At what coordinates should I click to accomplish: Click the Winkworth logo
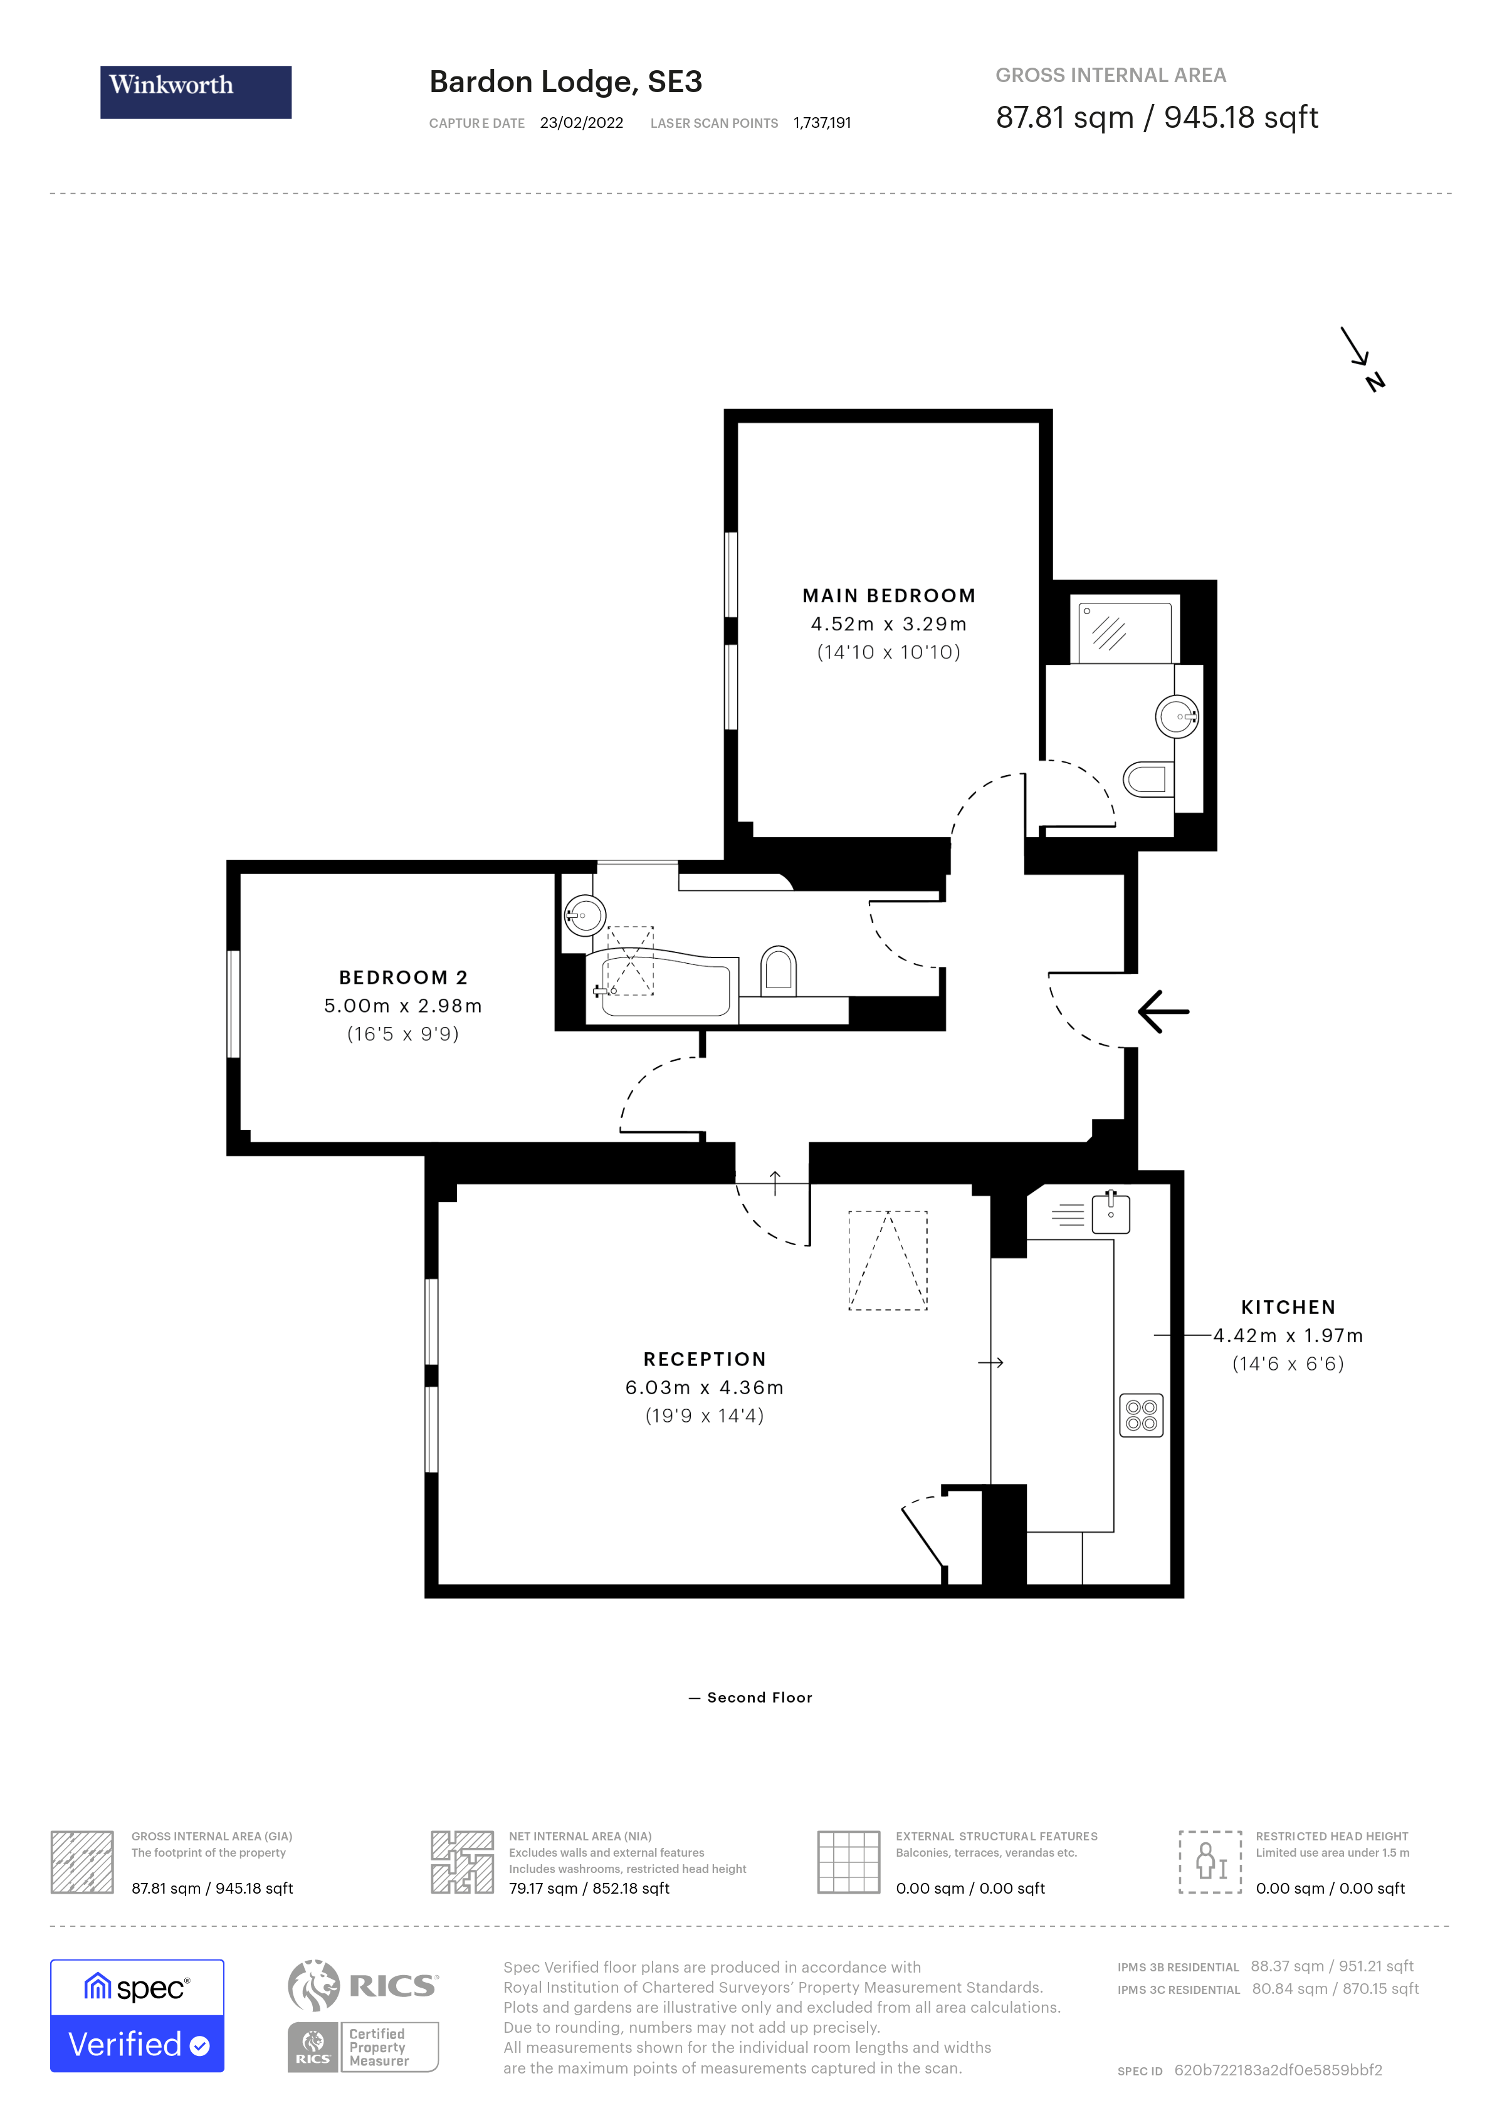(x=195, y=91)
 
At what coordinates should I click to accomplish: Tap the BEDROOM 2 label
(x=403, y=978)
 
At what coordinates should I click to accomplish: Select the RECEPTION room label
(x=705, y=1359)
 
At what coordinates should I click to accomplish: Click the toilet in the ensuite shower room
(x=1147, y=780)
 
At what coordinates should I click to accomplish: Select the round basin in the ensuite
(x=1177, y=716)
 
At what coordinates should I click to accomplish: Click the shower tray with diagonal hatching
(x=1125, y=630)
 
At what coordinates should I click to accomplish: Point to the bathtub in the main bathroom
(x=664, y=988)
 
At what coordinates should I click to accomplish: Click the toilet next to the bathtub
(x=778, y=971)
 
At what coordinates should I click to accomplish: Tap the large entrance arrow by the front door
(x=1163, y=1011)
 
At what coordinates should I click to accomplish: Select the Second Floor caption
(x=759, y=1698)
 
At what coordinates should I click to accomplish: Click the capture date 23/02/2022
(x=581, y=123)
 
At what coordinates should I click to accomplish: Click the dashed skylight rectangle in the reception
(x=887, y=1260)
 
